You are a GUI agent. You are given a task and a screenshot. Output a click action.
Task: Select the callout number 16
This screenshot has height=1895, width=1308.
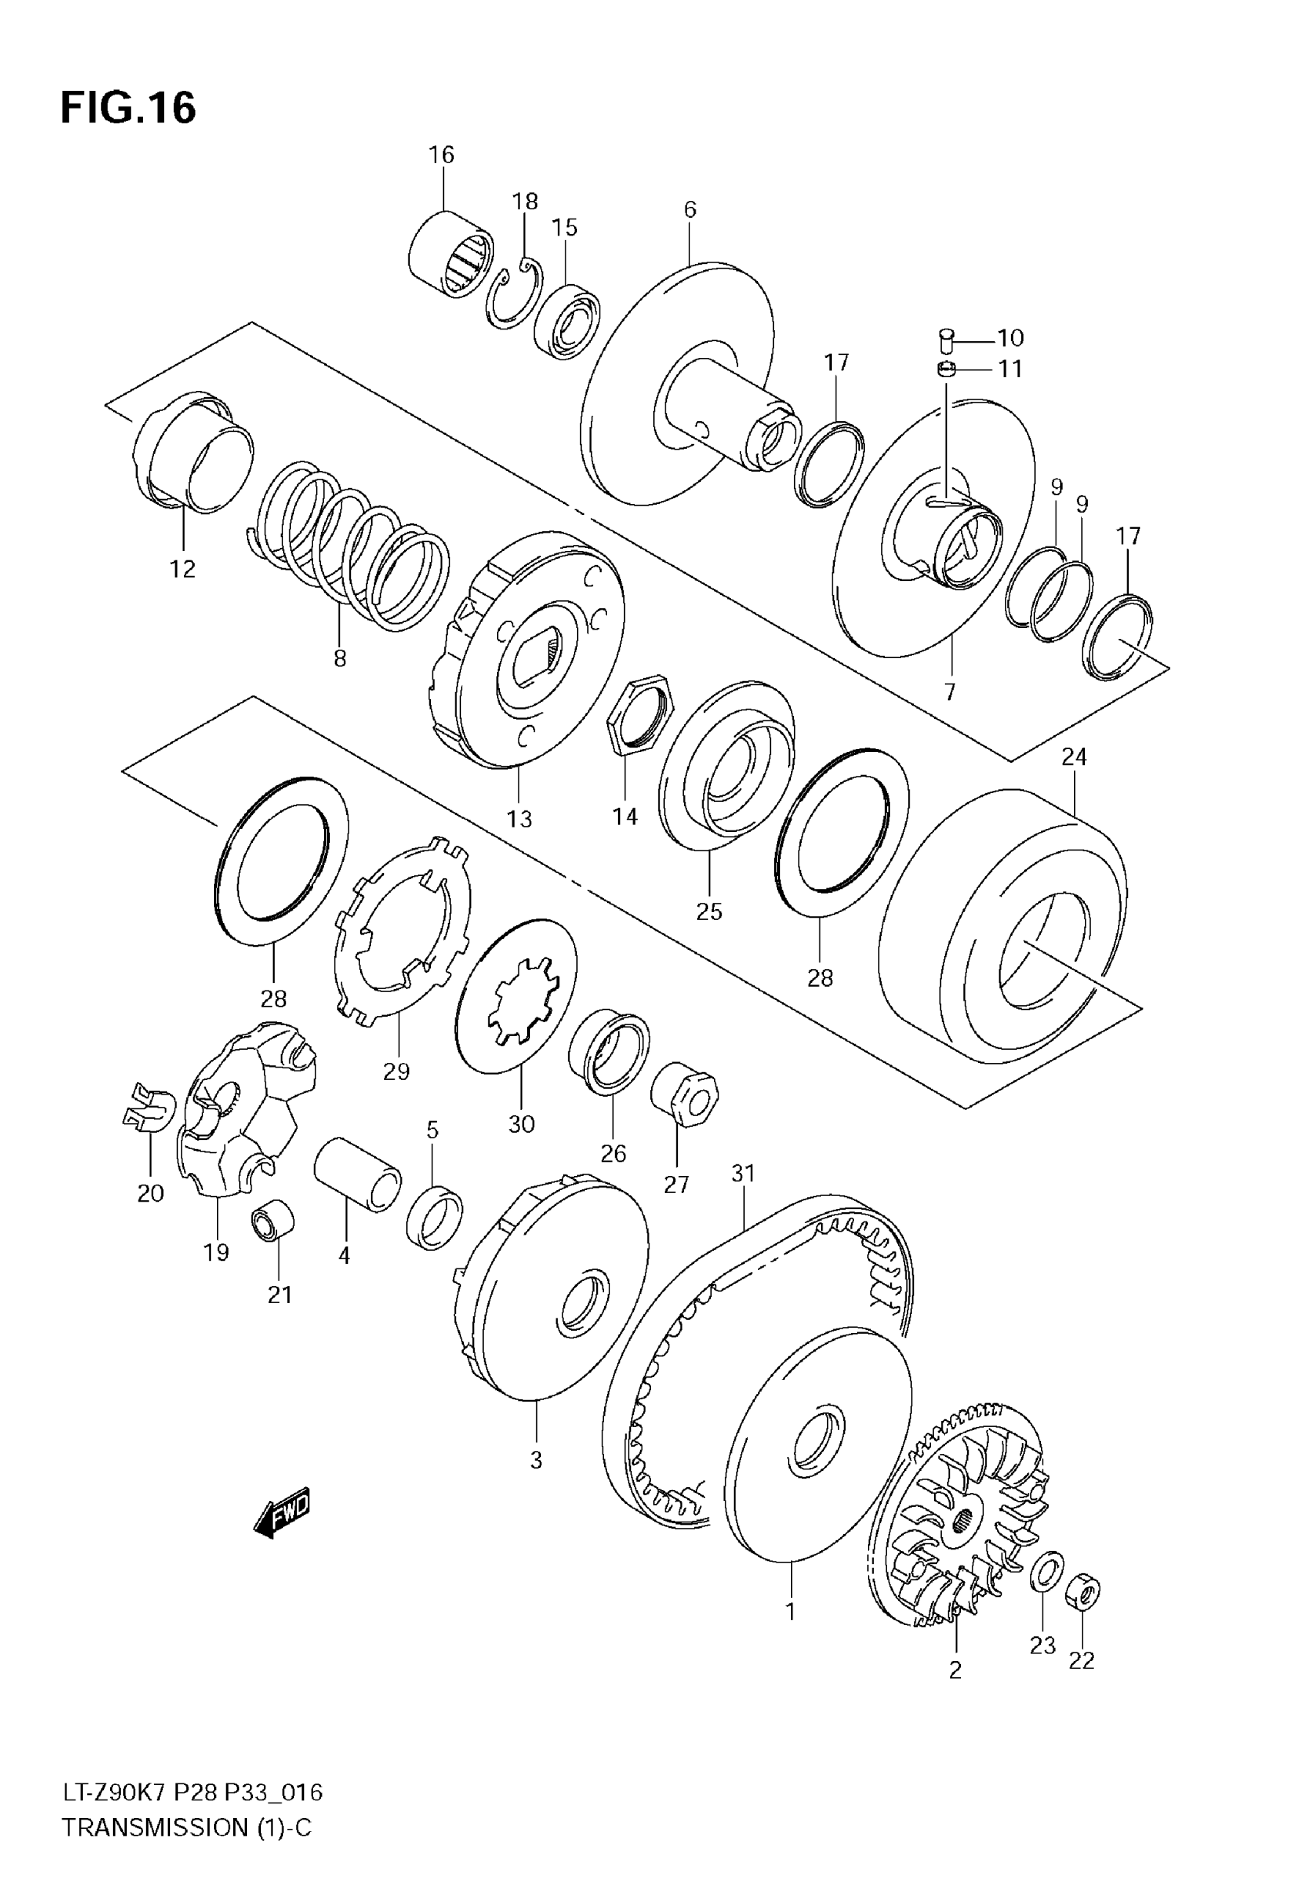[441, 155]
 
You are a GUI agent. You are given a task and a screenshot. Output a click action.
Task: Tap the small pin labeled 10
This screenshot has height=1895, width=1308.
[946, 338]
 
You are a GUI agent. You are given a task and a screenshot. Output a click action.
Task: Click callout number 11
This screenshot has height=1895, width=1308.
[1010, 369]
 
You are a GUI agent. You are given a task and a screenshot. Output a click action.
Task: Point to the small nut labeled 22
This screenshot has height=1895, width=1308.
[1082, 1594]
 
